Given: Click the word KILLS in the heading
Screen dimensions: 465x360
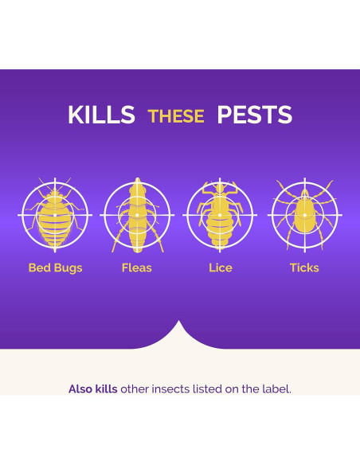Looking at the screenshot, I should tap(101, 115).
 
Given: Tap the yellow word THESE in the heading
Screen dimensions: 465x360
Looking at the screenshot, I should tap(176, 116).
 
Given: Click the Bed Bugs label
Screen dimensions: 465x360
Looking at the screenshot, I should tap(56, 268).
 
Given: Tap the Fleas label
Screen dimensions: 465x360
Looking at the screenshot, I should tap(137, 268).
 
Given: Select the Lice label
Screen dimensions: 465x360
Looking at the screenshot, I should tap(221, 268).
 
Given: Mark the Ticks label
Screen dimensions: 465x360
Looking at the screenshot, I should tap(304, 268).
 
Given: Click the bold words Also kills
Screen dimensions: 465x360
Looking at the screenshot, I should tap(92, 389).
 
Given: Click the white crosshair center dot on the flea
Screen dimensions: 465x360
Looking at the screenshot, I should tap(138, 215).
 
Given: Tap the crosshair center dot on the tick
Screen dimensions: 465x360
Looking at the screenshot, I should tap(304, 215).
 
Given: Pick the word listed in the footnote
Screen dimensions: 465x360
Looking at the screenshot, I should tap(210, 389).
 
